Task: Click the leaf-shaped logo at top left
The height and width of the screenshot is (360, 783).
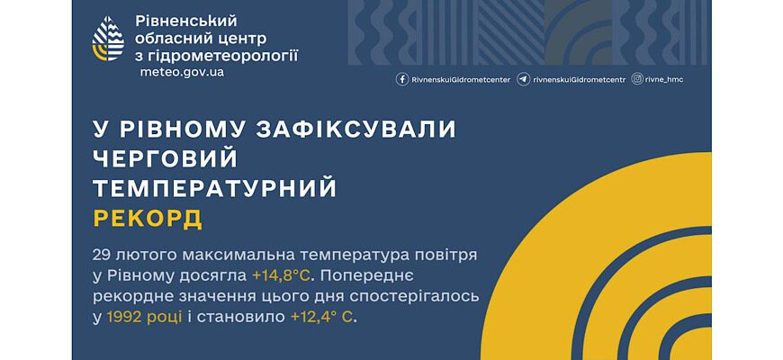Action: pos(108,38)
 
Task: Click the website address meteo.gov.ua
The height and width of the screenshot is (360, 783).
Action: pos(182,72)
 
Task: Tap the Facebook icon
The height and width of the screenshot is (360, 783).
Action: pos(402,79)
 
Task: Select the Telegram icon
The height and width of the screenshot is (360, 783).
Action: pos(523,79)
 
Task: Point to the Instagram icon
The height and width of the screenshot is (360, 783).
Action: pos(637,79)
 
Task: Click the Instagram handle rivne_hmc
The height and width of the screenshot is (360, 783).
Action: pos(663,79)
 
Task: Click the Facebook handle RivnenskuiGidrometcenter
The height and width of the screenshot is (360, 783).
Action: pos(461,80)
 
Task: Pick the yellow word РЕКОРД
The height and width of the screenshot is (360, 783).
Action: pos(148,219)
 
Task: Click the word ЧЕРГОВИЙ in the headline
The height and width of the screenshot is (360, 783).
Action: pos(166,158)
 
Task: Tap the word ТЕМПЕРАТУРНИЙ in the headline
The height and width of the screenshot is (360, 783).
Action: pos(215,189)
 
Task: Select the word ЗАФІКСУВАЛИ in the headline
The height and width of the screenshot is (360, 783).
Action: pos(355,130)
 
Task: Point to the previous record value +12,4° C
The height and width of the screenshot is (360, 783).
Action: pos(322,317)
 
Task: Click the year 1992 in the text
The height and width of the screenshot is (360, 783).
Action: pos(124,317)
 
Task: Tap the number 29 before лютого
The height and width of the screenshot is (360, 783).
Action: pos(101,255)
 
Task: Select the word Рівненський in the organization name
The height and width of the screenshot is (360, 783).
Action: pos(185,22)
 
